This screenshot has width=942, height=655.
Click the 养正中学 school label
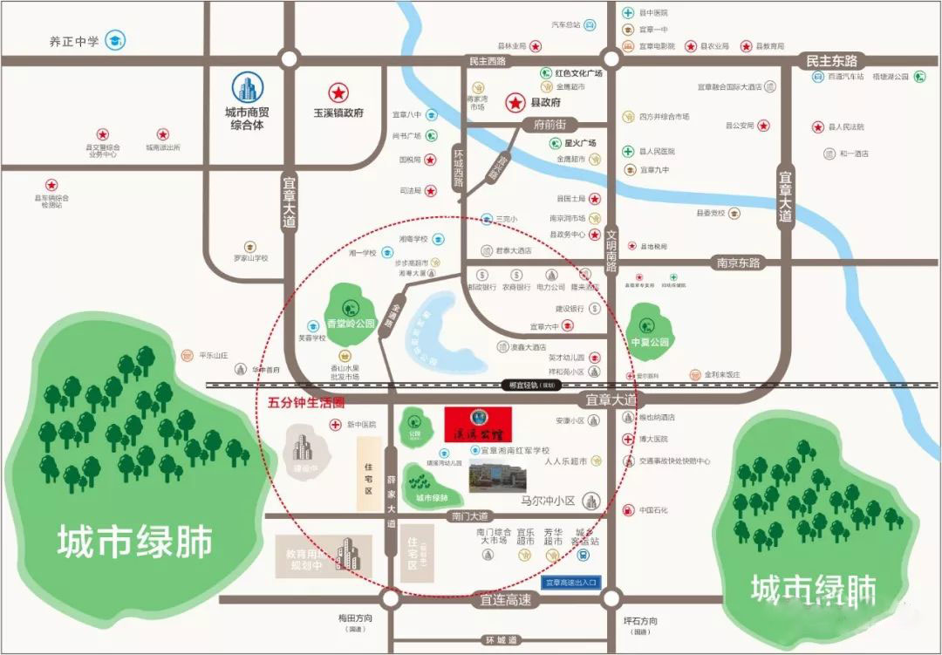(74, 40)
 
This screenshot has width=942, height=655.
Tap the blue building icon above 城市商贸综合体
(248, 88)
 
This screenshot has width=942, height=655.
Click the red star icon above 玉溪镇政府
(337, 92)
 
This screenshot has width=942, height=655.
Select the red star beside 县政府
(515, 103)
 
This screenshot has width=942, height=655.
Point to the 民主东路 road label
(831, 61)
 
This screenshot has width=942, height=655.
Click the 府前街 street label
(550, 125)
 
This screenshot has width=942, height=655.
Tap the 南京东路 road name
(739, 263)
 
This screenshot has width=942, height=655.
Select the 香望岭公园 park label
(351, 324)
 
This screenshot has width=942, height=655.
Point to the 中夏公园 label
(650, 342)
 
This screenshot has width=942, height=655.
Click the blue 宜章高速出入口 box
(570, 582)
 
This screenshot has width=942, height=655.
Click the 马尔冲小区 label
(549, 501)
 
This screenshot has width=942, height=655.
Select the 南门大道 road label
(470, 516)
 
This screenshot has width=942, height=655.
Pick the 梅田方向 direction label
(355, 618)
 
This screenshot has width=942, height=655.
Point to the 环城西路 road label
(459, 167)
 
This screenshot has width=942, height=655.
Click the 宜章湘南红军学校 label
(516, 451)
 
